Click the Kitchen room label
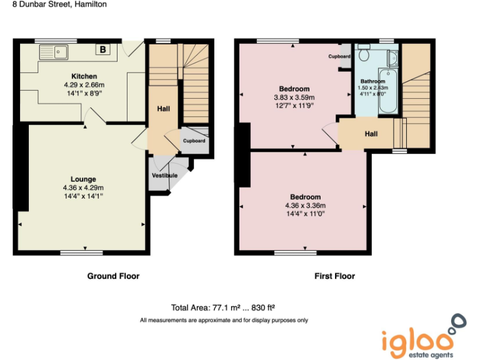(x=83, y=76)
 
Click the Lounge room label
(x=83, y=179)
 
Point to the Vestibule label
(x=165, y=176)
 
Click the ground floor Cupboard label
(x=194, y=141)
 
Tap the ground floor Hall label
(x=164, y=109)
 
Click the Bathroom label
(x=373, y=81)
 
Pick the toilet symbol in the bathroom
(x=364, y=56)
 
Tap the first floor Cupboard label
(x=339, y=56)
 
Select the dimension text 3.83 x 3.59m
(x=294, y=97)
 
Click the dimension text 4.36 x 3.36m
(x=305, y=206)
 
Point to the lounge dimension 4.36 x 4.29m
(x=83, y=187)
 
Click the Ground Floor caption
(x=113, y=276)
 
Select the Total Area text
(x=223, y=307)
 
